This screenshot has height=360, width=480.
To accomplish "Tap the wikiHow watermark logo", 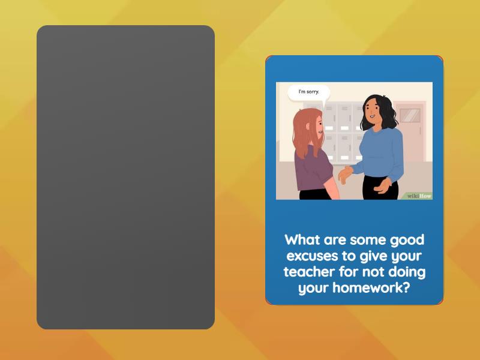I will tap(419, 196).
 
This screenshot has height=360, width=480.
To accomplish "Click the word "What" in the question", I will tap(303, 240).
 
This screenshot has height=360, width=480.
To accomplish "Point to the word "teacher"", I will tap(310, 272).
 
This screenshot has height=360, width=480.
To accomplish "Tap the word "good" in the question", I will tap(406, 240).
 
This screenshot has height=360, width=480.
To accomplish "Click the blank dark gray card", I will tap(125, 177).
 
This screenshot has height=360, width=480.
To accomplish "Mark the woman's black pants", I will tap(378, 190).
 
